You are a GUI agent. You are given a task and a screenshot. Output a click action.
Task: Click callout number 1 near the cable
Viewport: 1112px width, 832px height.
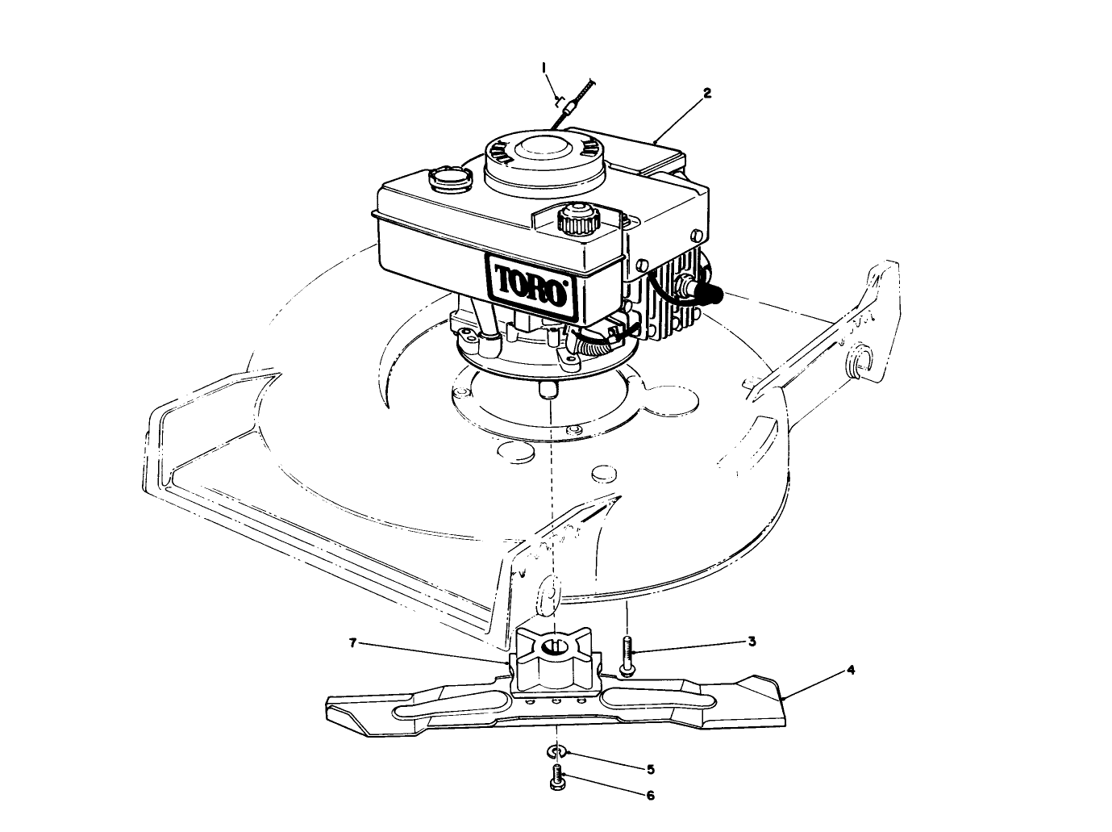[544, 65]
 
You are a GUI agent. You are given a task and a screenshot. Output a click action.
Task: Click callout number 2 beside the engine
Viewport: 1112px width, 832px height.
[706, 93]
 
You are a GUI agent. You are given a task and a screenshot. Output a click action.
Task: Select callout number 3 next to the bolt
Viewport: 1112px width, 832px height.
[751, 642]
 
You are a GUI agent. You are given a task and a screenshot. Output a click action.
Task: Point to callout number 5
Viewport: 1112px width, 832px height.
[650, 768]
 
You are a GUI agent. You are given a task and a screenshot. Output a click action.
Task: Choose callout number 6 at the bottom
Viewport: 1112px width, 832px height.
[650, 795]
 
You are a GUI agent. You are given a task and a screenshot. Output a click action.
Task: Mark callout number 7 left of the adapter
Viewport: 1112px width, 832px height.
[352, 643]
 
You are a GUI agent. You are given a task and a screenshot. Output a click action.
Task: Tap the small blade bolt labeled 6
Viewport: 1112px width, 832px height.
[556, 778]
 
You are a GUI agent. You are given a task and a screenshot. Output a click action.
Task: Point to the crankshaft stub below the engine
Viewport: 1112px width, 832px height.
[550, 389]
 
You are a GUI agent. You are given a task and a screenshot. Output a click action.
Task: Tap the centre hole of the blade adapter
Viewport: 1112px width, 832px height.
[553, 646]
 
